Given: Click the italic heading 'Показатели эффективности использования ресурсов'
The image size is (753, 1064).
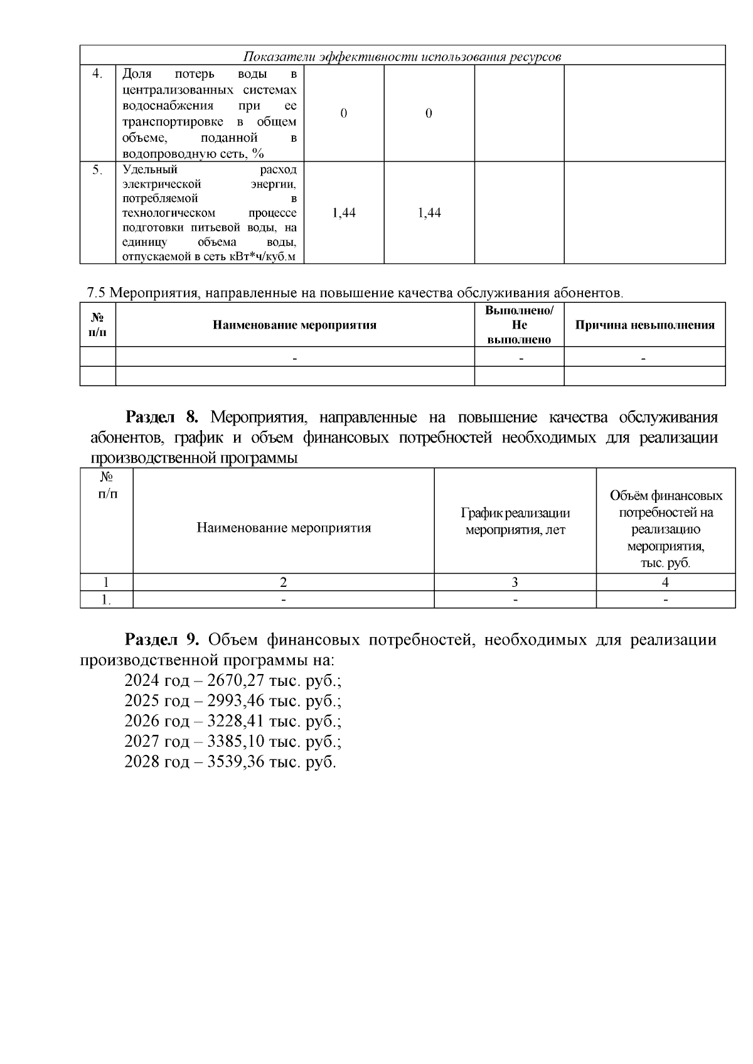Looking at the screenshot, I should pos(402,56).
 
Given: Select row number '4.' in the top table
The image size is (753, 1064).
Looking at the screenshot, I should pos(97,74).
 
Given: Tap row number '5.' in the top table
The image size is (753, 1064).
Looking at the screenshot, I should pos(97,170).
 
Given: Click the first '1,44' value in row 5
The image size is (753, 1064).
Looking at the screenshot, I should pos(343,213).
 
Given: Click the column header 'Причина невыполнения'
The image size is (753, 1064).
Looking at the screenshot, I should pos(644,325).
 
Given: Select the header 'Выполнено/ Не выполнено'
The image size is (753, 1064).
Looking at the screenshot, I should pos(519,325).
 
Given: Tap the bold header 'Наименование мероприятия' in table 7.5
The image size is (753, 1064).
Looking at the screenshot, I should pos(294,325).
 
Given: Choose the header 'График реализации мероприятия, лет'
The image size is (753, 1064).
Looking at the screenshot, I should pos(515,521).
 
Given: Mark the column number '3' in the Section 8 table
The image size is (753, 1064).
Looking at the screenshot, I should pos(515,582).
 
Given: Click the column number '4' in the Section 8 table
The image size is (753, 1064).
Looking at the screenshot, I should pos(665,582).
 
